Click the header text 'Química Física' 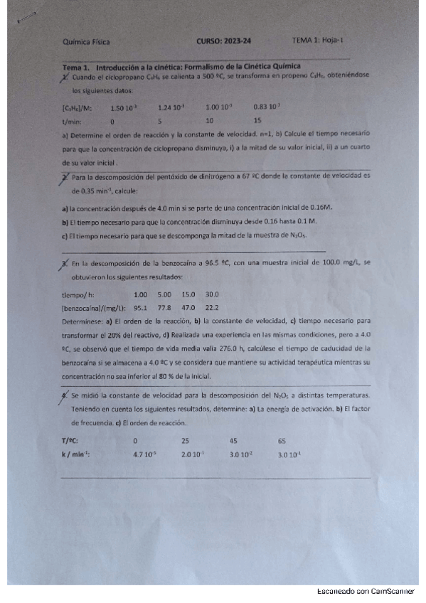point(86,42)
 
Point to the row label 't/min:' point(73,121)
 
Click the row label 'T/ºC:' point(70,440)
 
